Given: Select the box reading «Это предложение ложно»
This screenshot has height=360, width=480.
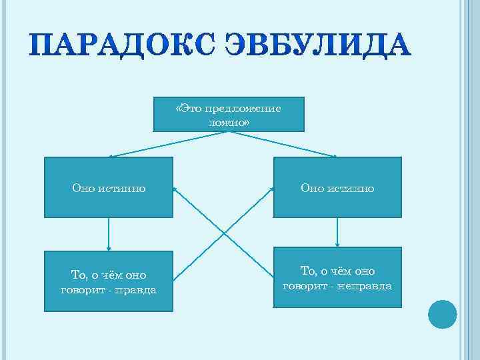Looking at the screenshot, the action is (x=229, y=114).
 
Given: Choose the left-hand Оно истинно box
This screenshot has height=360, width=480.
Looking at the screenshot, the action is (x=109, y=187).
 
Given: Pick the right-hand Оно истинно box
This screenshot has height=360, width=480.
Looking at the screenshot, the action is (x=337, y=187).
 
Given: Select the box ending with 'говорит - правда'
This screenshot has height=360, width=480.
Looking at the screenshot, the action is (x=109, y=281).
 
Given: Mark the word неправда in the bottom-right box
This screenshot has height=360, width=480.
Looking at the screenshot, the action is (x=365, y=286).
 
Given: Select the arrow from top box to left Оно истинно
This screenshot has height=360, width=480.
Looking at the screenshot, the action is (x=167, y=144).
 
